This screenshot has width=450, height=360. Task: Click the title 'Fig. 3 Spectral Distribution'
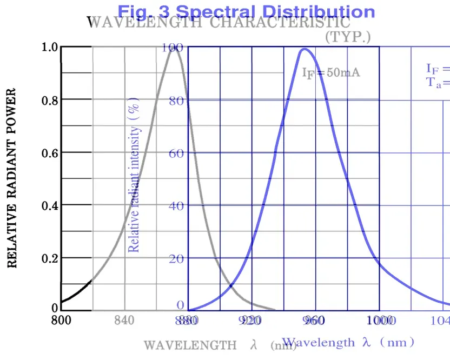[246, 11]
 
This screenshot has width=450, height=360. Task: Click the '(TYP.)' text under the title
[348, 37]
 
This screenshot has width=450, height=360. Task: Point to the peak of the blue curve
[304, 49]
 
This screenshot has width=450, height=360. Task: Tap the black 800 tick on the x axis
[61, 321]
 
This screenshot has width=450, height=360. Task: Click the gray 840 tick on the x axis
[125, 321]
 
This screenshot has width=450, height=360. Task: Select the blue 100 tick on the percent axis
[172, 48]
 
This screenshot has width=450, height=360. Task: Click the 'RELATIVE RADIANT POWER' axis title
[11, 178]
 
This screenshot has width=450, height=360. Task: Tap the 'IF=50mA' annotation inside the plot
[331, 73]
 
